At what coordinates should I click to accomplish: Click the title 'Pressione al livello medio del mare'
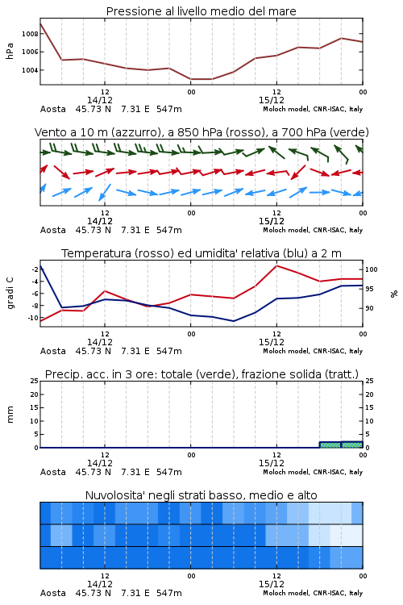coord(201,11)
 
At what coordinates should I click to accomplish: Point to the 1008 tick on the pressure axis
coord(30,34)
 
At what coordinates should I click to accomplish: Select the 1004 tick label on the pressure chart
coord(30,70)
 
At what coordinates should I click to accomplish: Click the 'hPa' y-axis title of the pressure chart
coord(10,51)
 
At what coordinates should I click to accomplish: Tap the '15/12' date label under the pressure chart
coord(272,100)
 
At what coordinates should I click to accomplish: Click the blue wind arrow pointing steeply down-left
coord(105,192)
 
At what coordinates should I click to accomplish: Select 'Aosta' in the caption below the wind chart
coord(53,230)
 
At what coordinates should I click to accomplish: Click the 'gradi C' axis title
coord(10,293)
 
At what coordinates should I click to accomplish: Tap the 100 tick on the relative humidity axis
coord(372,269)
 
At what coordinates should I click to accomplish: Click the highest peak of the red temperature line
coord(276,265)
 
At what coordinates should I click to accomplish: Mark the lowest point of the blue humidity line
coord(234,321)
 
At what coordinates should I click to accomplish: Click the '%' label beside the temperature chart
coord(394,294)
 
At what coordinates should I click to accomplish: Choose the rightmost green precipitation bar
coord(352,444)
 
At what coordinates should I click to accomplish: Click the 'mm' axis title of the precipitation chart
coord(10,415)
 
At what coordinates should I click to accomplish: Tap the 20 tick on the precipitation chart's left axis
coord(35,394)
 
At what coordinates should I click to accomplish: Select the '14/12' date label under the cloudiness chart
coord(100,584)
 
